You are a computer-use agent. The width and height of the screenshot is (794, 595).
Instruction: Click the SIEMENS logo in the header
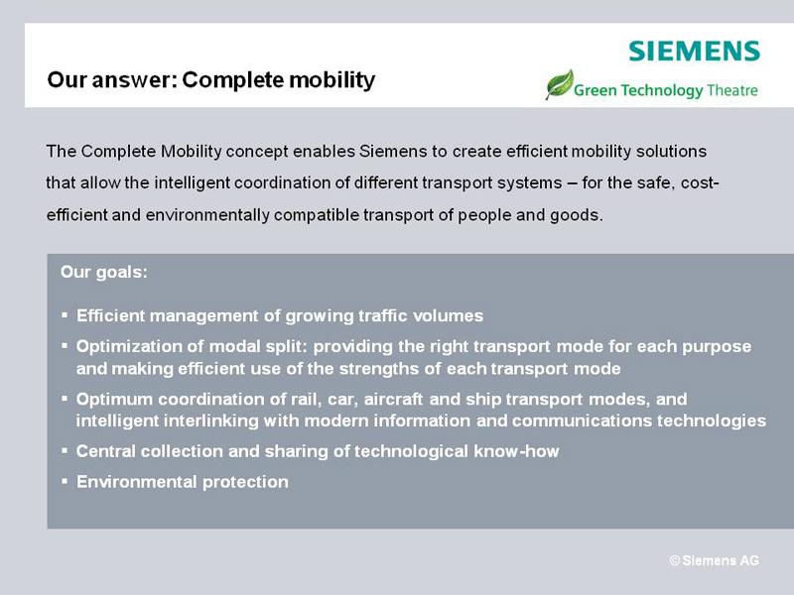click(694, 52)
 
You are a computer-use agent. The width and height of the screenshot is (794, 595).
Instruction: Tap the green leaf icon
click(560, 84)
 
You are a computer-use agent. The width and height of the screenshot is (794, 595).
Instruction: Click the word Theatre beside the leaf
click(732, 90)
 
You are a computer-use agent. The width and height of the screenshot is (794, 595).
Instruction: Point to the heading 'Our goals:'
click(104, 272)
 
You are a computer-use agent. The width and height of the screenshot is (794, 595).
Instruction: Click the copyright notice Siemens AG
click(714, 560)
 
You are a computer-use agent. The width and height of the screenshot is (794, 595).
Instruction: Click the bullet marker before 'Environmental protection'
click(65, 481)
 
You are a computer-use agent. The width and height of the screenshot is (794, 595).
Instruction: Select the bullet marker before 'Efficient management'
click(65, 315)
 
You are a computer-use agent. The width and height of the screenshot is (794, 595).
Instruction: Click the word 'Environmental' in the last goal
click(136, 482)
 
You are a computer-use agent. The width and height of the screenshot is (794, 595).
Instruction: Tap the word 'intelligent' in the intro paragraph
click(192, 182)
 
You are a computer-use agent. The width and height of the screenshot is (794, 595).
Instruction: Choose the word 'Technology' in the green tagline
click(662, 90)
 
